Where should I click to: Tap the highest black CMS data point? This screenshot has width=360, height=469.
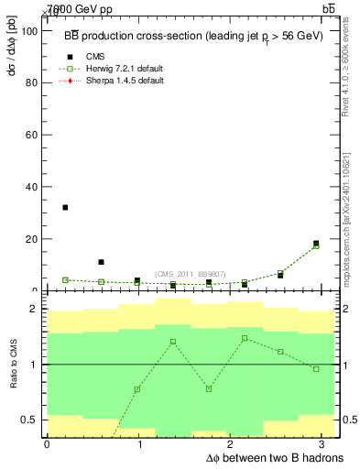(65, 208)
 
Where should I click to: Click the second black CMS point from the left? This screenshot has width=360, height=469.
(101, 263)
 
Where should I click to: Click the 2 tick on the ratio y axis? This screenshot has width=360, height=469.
(38, 310)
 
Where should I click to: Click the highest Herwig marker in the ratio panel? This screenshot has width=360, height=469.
(245, 339)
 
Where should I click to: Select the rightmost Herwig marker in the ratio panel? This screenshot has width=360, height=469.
(316, 369)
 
